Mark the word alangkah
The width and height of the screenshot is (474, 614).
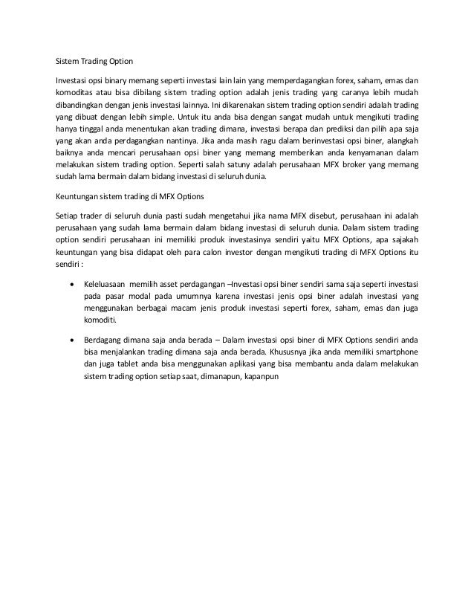click(400, 143)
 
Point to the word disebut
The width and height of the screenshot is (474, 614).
click(302, 216)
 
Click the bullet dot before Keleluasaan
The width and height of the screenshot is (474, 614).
click(71, 284)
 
